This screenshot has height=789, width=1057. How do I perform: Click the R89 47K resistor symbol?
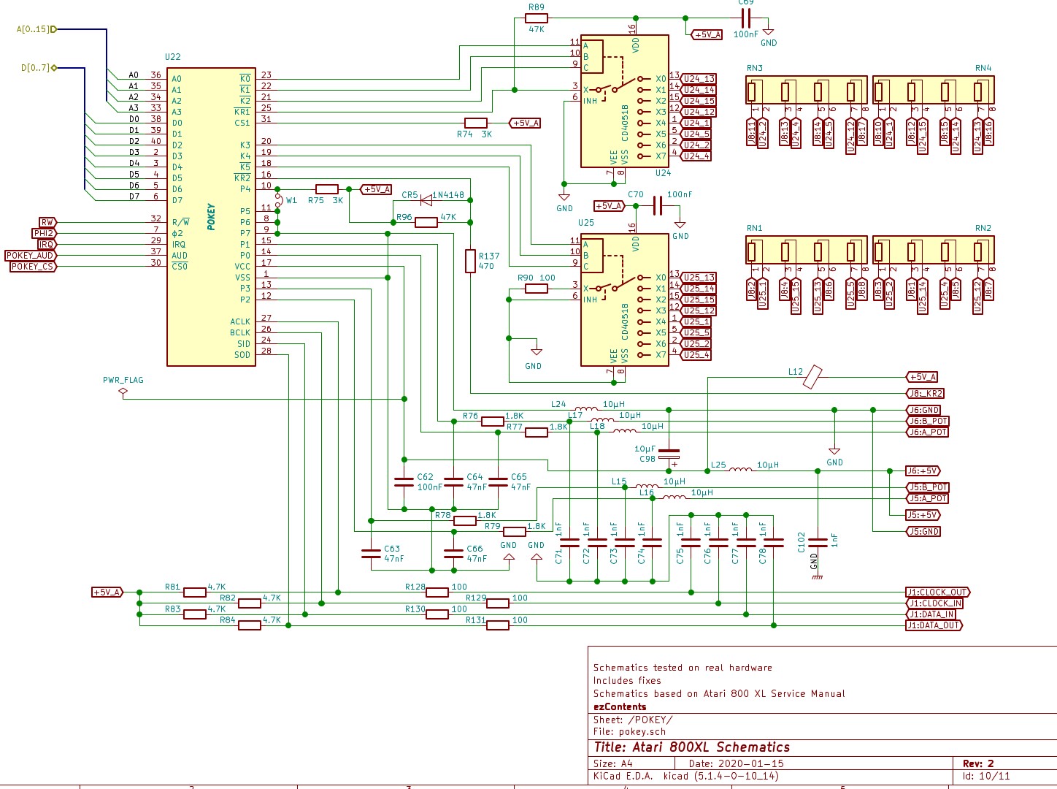point(536,18)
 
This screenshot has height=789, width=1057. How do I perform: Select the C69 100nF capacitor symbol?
point(745,18)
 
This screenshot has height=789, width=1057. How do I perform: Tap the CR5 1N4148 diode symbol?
point(426,200)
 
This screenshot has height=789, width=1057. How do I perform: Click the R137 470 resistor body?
point(471,261)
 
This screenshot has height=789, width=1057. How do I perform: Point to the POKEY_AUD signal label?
point(31,256)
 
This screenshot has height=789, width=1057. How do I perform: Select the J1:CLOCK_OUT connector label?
point(938,592)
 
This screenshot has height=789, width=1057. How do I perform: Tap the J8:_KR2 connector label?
point(925,393)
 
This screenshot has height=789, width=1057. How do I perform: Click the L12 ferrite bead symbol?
point(812,377)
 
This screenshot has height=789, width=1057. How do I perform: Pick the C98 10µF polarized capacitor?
point(669,454)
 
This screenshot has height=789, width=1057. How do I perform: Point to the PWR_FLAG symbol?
point(123,393)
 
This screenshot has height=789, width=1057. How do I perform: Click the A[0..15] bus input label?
point(36,29)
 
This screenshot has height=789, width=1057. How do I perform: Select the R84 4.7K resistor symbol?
point(250,625)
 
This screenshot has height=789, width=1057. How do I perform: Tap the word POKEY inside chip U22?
point(211,217)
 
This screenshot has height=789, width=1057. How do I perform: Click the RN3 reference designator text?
point(755,68)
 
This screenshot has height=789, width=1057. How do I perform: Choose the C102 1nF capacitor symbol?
point(818,543)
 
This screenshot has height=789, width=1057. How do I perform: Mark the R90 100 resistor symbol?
point(536,289)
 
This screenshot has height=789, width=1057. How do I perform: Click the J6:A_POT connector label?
point(927,432)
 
